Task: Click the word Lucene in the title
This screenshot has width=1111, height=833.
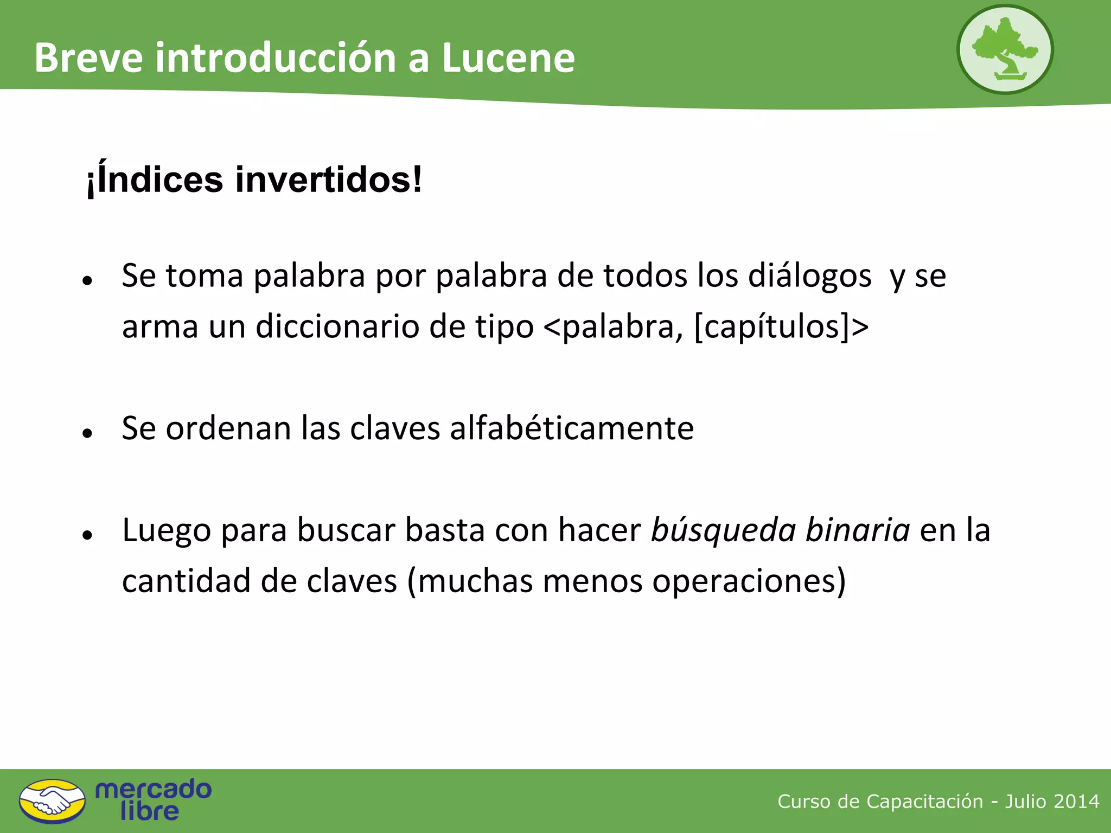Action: (508, 57)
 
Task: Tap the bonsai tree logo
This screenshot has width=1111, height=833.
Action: (1005, 50)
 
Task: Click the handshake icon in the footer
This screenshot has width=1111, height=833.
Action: (52, 801)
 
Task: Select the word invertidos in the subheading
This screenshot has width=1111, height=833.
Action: (328, 180)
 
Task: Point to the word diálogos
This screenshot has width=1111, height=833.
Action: (809, 275)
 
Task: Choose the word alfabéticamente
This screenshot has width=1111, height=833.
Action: (572, 428)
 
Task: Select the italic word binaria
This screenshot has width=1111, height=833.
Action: (858, 530)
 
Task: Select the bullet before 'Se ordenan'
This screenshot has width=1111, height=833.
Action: (87, 433)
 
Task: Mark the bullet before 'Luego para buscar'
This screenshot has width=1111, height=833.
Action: (87, 535)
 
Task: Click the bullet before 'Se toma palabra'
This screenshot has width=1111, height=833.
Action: (87, 280)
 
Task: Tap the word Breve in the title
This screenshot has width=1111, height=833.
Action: (89, 57)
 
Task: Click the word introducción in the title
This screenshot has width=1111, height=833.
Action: (276, 57)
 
